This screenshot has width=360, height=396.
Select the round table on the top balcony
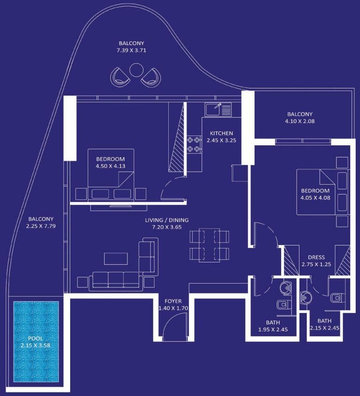tap(136, 70)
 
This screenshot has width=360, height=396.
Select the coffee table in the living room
tap(115, 259)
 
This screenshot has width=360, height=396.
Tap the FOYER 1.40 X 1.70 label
tap(173, 305)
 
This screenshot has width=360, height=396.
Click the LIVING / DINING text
tap(157, 223)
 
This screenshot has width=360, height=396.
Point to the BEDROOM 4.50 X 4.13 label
tap(110, 162)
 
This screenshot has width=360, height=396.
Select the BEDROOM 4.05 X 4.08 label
tap(315, 194)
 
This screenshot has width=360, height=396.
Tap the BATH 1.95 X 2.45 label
tap(272, 326)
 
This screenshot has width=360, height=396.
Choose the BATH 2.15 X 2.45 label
tap(324, 325)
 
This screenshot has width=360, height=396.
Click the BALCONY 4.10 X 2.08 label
tap(300, 118)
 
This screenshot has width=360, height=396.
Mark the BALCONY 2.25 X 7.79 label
tap(41, 222)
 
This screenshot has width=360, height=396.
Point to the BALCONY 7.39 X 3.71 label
tap(131, 47)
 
